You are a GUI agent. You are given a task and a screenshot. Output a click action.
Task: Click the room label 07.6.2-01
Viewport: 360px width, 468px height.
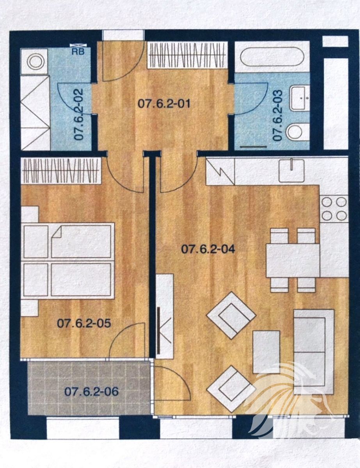tap(164, 104)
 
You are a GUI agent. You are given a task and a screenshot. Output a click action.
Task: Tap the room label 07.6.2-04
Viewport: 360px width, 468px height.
tap(208, 249)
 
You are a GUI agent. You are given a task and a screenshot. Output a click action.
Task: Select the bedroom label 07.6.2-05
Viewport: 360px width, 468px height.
tap(84, 323)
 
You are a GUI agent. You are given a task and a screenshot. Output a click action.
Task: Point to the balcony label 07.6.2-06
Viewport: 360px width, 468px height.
tap(92, 391)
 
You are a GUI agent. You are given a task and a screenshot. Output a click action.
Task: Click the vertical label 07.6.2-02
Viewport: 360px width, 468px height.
tap(78, 114)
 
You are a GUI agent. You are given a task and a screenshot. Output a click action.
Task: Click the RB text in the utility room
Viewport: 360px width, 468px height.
tap(78, 52)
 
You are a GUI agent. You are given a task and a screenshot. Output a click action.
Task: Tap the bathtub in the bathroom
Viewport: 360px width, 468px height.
tap(272, 57)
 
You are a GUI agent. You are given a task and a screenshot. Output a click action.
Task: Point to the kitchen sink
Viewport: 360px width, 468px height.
tap(291, 171)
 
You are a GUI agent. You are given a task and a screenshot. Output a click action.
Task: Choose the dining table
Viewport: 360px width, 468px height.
tap(293, 261)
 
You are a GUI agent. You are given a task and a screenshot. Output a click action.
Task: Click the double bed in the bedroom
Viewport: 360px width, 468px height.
tap(69, 261)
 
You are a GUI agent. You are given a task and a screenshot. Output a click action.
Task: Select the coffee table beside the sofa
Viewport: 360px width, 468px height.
tap(266, 352)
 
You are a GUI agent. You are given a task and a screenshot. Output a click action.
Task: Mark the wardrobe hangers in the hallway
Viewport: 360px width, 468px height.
tap(187, 55)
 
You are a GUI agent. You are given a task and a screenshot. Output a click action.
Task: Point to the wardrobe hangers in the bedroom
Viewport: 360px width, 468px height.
tap(61, 170)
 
